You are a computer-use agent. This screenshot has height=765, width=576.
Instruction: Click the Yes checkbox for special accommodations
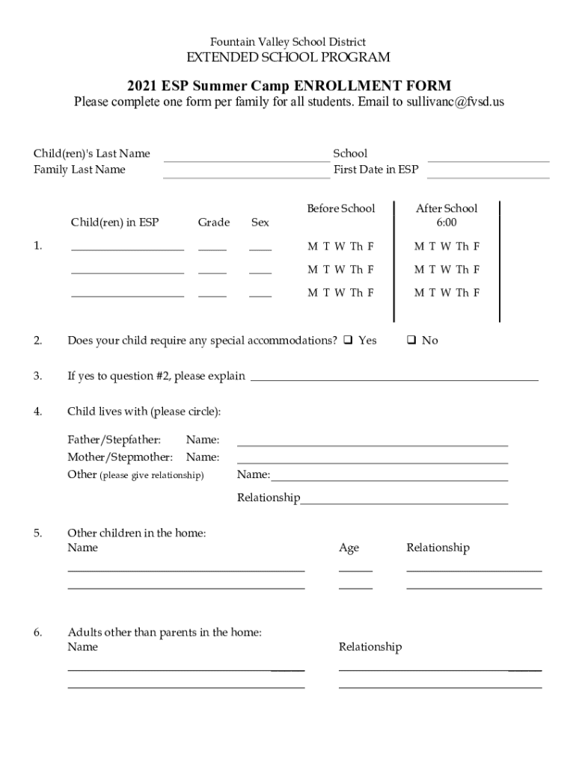point(348,341)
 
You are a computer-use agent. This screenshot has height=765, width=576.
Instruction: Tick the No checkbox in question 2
point(411,341)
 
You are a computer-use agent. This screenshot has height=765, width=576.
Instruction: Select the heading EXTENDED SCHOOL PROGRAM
point(288,58)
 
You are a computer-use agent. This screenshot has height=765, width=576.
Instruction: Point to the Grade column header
point(213,223)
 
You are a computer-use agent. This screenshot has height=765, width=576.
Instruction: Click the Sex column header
point(260,223)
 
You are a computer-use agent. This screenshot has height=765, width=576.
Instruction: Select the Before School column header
point(340,208)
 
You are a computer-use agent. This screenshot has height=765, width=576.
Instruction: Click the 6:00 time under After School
point(446,223)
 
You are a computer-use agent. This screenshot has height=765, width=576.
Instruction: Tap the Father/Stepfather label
point(114,440)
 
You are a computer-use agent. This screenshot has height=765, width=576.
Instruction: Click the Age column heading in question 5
point(349,548)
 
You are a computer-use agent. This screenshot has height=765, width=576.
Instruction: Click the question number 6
point(37,633)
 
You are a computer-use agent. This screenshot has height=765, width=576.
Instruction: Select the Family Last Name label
point(79,170)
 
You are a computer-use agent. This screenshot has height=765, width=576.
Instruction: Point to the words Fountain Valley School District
point(288,42)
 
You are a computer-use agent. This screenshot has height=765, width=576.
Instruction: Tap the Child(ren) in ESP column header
point(114,223)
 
